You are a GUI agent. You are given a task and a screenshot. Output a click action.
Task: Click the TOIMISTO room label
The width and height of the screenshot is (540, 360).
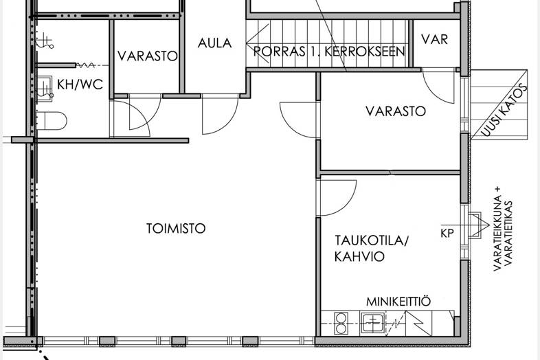[176, 228]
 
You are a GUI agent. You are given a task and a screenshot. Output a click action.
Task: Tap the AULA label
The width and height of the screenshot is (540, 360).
[214, 43]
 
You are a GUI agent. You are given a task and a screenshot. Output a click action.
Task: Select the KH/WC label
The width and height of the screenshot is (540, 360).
[80, 85]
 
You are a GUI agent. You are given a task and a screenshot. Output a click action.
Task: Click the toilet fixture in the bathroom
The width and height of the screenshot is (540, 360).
[51, 121]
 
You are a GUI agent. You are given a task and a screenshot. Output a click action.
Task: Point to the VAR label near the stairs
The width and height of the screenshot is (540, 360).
[435, 39]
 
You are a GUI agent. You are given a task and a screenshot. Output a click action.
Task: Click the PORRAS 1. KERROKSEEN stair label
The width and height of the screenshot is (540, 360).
[329, 52]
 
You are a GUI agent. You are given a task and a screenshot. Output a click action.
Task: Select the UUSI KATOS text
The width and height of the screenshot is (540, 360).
[504, 110]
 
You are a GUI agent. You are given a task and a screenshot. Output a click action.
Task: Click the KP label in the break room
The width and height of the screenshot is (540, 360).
[447, 233]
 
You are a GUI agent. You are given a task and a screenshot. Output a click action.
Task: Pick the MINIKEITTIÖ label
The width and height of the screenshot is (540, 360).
[398, 302]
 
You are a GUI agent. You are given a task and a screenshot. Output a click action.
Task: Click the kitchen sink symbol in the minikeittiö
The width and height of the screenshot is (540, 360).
[372, 323]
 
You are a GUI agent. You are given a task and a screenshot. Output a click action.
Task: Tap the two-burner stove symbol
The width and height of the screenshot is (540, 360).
[341, 323]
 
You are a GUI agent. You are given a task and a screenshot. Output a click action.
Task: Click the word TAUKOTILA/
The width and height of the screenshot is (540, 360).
[371, 240]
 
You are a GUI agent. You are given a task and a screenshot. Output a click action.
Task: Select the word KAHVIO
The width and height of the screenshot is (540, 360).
[359, 257]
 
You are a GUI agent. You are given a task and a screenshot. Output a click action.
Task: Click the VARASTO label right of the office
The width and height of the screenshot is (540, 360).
[396, 111]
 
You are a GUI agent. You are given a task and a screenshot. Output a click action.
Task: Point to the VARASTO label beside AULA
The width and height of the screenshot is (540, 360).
[148, 56]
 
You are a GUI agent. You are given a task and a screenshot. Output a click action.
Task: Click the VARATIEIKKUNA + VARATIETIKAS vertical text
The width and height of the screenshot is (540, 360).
[503, 229]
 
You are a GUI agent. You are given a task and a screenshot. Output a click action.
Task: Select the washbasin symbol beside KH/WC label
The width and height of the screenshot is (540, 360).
[44, 89]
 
